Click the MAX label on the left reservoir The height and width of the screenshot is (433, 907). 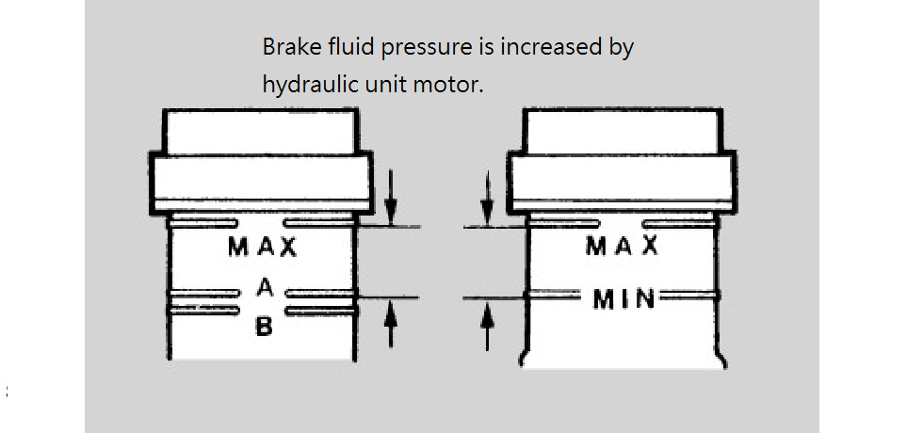263,249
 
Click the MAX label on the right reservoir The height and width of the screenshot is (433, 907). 622,247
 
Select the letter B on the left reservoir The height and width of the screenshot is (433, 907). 265,328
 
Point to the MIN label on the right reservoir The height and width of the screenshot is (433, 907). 623,299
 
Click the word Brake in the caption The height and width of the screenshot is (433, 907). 287,47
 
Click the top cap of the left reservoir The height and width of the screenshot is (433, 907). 261,131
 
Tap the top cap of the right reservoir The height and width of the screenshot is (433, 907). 622,131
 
